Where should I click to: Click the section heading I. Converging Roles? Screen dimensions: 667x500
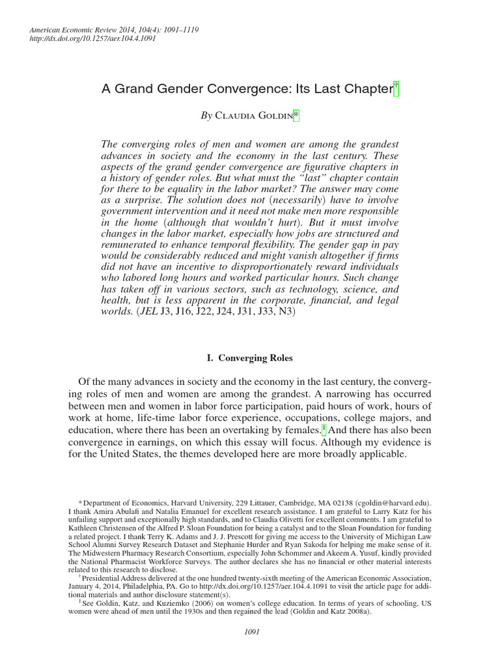pos(249,358)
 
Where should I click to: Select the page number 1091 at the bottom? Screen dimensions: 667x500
pos(250,631)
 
